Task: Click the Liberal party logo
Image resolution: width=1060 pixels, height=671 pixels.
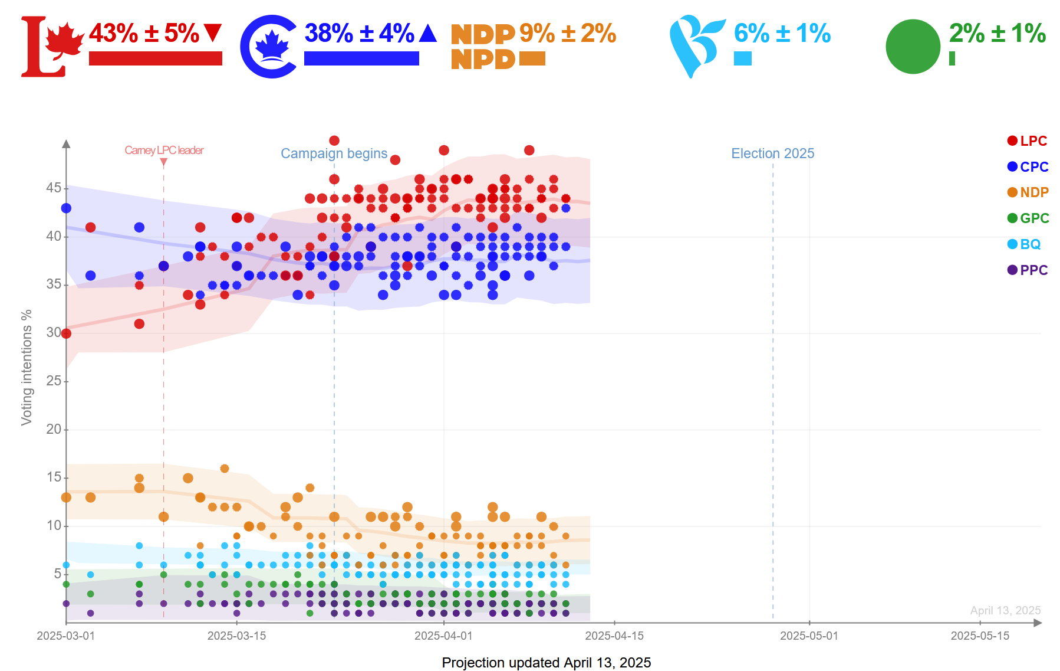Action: (52, 46)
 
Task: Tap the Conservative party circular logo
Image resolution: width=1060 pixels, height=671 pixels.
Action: (269, 47)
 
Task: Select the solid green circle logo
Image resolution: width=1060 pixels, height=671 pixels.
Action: (913, 47)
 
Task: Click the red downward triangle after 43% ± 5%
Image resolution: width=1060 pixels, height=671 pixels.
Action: (212, 32)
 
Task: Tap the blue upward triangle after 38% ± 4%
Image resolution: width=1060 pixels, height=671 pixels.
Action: (427, 34)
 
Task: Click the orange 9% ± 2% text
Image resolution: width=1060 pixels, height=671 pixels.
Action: (567, 34)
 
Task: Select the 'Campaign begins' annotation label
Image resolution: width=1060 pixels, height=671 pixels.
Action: (334, 153)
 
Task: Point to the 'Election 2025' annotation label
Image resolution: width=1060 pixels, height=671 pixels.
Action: (772, 153)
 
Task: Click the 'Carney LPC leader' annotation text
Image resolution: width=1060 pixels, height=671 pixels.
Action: (164, 150)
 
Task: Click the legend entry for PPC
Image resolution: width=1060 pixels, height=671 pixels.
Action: (1028, 270)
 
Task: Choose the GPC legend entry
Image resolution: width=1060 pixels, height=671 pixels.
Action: (1028, 218)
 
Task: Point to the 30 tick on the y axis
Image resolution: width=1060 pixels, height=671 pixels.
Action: (54, 332)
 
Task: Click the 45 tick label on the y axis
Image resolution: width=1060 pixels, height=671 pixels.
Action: (54, 188)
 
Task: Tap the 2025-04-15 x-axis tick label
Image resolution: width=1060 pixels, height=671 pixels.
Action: (614, 636)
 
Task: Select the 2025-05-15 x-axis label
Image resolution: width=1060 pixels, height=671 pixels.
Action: (980, 636)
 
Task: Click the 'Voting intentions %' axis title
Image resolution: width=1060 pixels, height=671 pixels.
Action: (27, 367)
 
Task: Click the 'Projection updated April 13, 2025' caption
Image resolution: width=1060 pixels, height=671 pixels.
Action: (546, 663)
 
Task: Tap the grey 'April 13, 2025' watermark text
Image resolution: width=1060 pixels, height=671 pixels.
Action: (1005, 611)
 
